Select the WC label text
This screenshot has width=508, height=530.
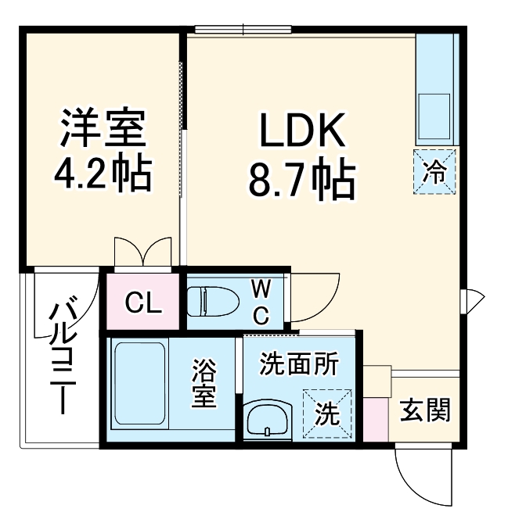pyautogui.click(x=261, y=301)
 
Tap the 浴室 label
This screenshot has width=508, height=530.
pyautogui.click(x=205, y=383)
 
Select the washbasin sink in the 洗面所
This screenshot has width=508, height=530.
pyautogui.click(x=268, y=421)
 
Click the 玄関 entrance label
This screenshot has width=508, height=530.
pyautogui.click(x=426, y=410)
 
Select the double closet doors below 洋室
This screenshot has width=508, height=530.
pyautogui.click(x=142, y=253)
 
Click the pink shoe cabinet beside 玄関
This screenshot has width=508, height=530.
pyautogui.click(x=376, y=418)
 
